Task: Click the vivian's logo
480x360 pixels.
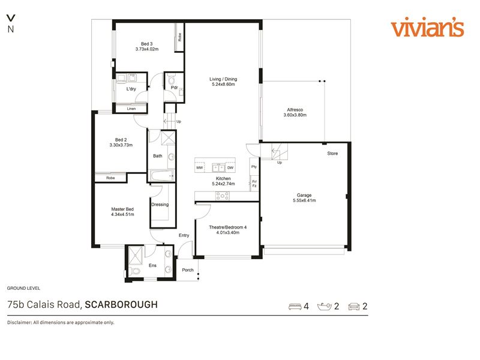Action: (x=427, y=27)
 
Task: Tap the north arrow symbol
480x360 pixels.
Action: (x=11, y=18)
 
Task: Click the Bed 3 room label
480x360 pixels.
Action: (x=146, y=44)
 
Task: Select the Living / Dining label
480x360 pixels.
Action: (x=223, y=79)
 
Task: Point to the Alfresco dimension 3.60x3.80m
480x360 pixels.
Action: (x=295, y=115)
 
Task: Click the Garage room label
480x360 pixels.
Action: (x=304, y=195)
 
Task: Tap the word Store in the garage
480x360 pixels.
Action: (x=332, y=154)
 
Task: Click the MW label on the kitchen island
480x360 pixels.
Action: (x=200, y=168)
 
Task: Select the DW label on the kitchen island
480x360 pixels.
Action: (x=230, y=168)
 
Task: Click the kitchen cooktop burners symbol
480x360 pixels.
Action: (x=222, y=196)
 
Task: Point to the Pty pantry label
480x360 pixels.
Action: (x=254, y=167)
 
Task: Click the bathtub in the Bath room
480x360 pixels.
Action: (x=161, y=176)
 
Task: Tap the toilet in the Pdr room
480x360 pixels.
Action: (x=171, y=80)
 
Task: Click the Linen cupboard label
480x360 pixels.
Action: (x=131, y=109)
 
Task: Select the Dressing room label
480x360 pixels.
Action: (x=160, y=205)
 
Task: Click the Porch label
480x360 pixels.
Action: (x=188, y=270)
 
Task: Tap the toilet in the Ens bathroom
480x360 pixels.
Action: (x=134, y=271)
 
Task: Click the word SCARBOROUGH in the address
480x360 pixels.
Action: (x=121, y=305)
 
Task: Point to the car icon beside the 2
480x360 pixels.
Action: (x=354, y=307)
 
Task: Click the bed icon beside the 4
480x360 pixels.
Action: (x=295, y=307)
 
